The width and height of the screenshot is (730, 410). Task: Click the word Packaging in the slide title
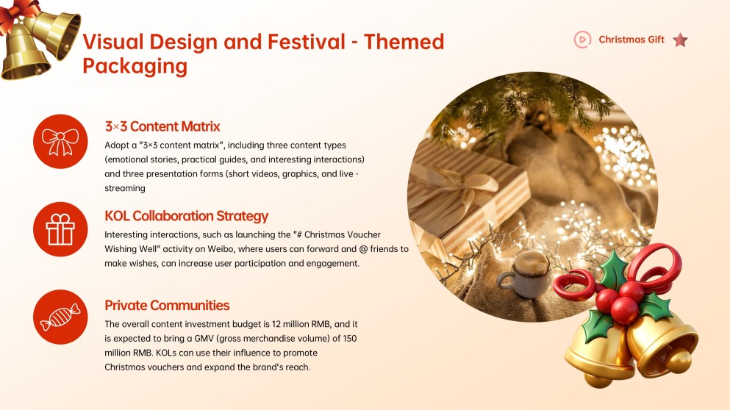(135, 66)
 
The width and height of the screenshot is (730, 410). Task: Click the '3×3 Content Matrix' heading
(162, 126)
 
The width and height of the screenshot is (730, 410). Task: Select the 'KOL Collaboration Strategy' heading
(186, 216)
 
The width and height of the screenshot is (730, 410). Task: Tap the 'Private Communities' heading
(167, 306)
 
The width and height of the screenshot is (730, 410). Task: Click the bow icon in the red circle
(60, 141)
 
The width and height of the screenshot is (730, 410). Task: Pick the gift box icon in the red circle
(60, 229)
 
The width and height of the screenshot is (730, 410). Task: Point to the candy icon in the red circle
(60, 317)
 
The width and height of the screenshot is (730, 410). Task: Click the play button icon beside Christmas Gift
(582, 40)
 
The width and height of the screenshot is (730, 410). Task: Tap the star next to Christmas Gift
(680, 40)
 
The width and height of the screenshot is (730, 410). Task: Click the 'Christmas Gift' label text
(631, 40)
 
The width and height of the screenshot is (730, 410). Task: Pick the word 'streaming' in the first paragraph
(125, 188)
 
